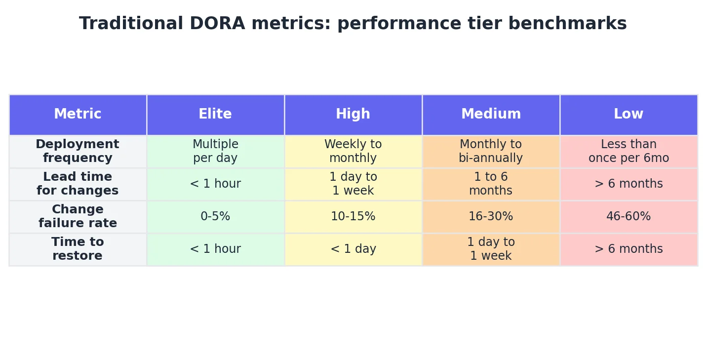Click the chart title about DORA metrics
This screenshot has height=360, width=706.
353,24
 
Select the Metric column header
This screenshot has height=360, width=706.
78,115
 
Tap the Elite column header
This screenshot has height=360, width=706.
215,115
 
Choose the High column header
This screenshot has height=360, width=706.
353,115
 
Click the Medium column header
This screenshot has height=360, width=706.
491,115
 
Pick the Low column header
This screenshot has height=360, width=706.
628,115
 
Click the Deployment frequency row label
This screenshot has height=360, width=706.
78,152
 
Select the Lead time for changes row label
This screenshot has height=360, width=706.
78,184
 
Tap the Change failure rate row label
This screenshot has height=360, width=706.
78,217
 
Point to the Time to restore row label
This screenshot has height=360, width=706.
78,249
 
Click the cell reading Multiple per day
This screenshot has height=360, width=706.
215,152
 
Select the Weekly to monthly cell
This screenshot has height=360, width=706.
353,152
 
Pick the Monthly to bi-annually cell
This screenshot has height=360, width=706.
491,152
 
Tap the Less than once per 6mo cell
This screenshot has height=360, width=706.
628,152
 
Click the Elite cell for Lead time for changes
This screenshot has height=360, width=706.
215,184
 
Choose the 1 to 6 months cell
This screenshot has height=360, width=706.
491,184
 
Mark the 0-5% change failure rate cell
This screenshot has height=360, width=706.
215,217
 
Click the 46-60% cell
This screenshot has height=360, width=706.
628,217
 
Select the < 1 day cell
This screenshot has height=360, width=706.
353,249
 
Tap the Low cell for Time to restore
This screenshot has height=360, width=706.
628,249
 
